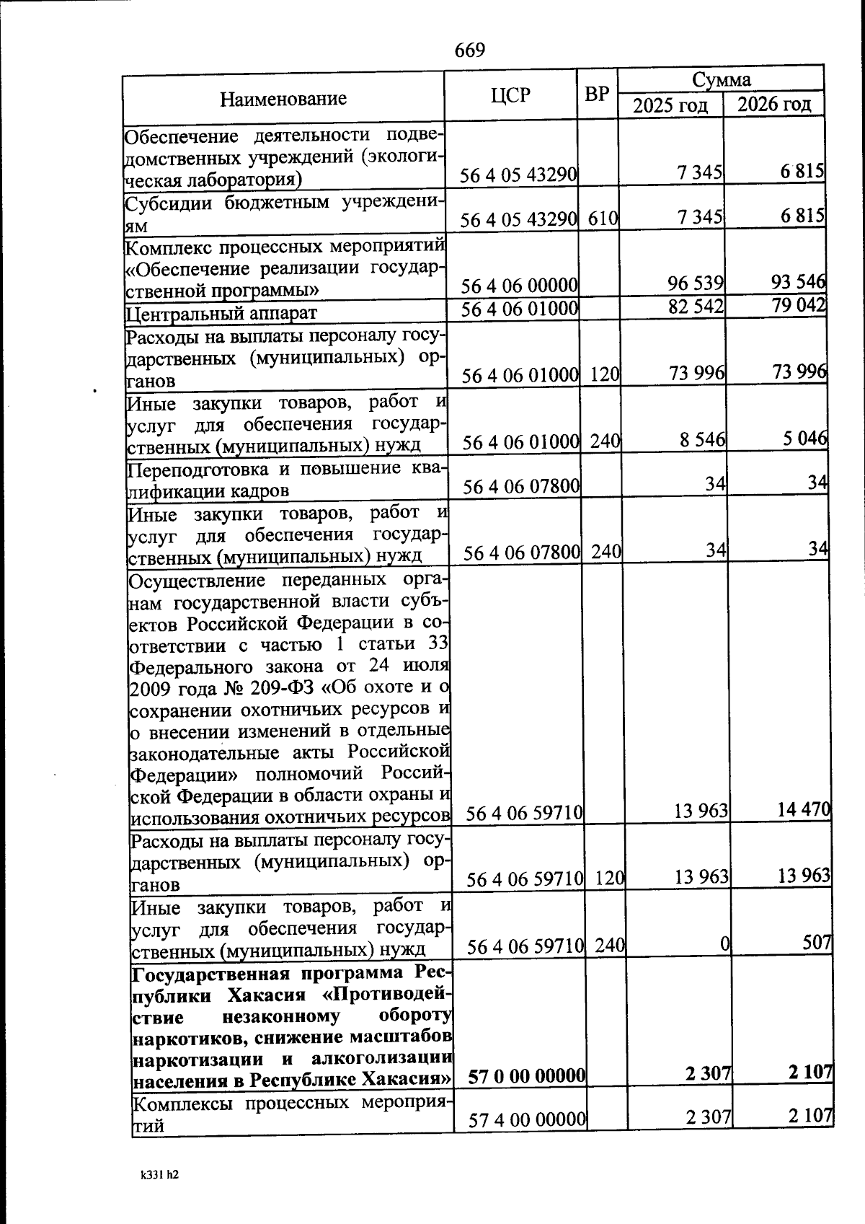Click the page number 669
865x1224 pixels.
(x=470, y=50)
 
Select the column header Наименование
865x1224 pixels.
(x=283, y=97)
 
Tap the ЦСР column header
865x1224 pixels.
(x=510, y=94)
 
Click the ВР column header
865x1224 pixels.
(x=597, y=94)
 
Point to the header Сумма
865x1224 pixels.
(x=721, y=79)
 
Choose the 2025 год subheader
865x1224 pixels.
(x=670, y=105)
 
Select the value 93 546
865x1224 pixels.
(x=798, y=281)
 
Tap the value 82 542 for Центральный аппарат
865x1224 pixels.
(x=696, y=307)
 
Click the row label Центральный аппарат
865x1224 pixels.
(x=221, y=313)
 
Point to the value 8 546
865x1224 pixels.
(x=702, y=439)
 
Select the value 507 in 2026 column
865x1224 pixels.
(x=818, y=942)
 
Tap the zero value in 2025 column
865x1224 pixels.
(x=725, y=943)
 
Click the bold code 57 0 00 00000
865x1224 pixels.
(x=525, y=1077)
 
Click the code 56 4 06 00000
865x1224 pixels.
(x=520, y=286)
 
